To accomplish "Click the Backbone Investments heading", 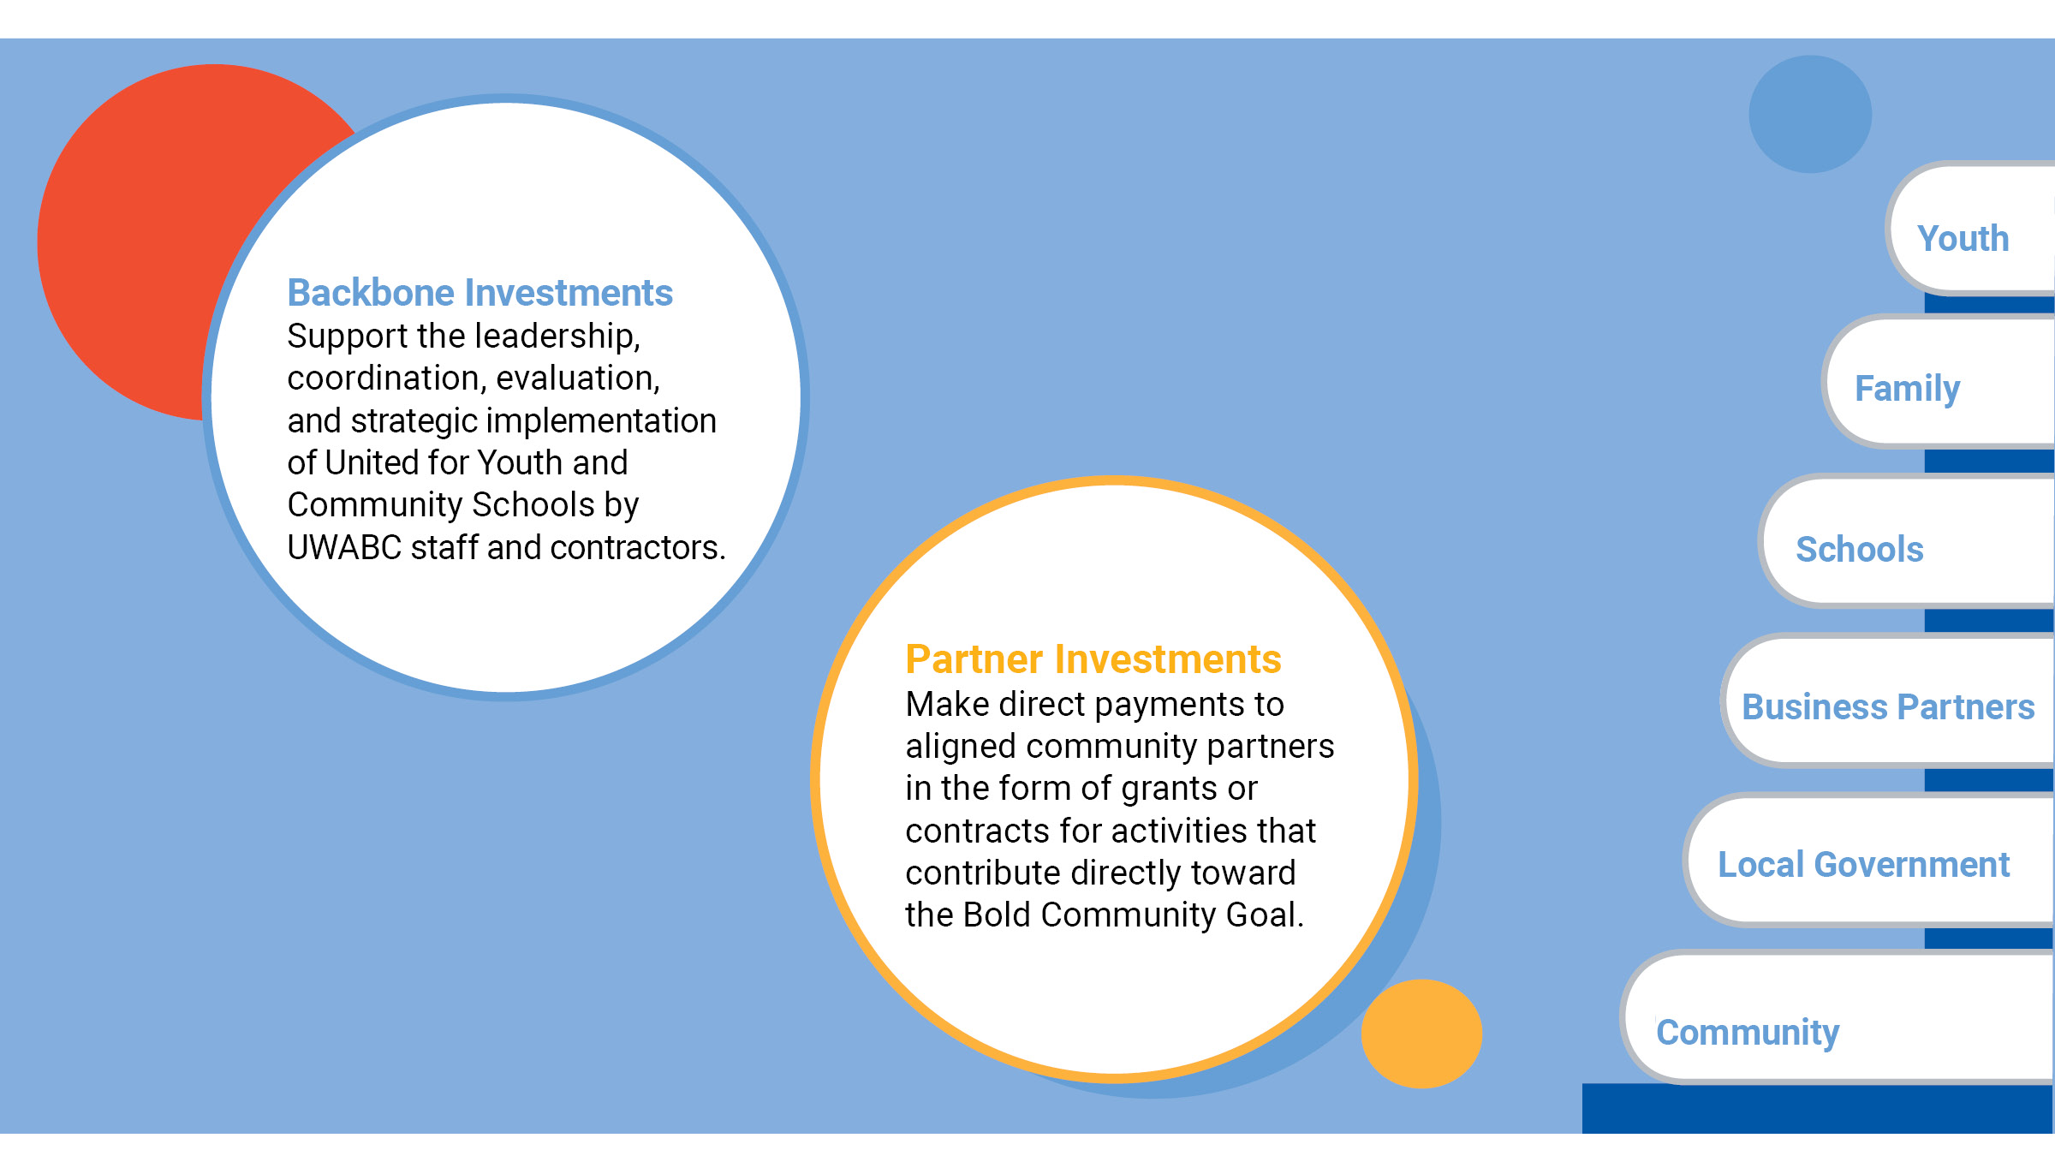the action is [x=479, y=293].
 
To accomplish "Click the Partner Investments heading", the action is [x=1093, y=659].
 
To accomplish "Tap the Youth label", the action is [x=1963, y=238].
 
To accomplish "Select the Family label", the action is [x=1907, y=389].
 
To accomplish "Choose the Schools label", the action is [x=1860, y=549].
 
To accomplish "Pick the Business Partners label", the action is [x=1888, y=707].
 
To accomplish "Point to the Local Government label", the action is [x=1863, y=865].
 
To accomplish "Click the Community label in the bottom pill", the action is [x=1748, y=1033].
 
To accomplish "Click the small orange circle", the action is [x=1421, y=1034].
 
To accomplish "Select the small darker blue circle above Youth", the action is [x=1810, y=114].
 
